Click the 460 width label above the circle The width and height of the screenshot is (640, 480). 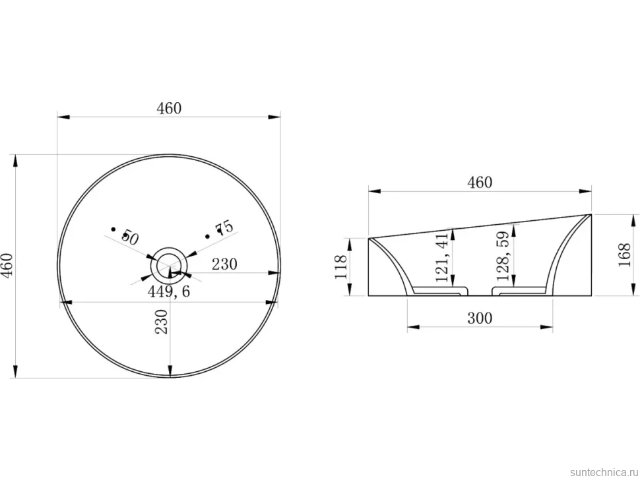click(x=168, y=108)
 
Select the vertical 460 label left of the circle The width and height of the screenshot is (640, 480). click(x=8, y=264)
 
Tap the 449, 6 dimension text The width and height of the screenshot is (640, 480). click(x=168, y=291)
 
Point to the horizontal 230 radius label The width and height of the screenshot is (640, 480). click(x=224, y=264)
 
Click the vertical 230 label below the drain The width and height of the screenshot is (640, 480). click(x=162, y=322)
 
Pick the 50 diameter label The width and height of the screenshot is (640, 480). click(x=130, y=237)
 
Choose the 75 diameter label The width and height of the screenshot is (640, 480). click(x=225, y=227)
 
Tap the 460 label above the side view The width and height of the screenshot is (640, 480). click(x=480, y=182)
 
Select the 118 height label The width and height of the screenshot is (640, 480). click(x=341, y=266)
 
